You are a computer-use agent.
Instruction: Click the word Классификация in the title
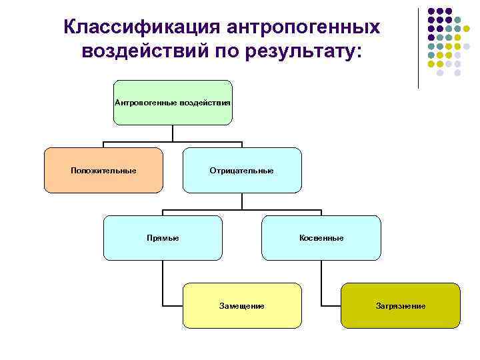(x=143, y=27)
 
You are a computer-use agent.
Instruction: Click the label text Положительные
(x=103, y=171)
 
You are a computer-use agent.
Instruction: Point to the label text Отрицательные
(x=241, y=171)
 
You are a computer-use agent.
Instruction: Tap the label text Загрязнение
(x=400, y=306)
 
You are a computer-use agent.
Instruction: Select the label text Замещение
(x=241, y=306)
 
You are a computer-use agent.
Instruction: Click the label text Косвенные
(x=321, y=238)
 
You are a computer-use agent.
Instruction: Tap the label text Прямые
(x=163, y=238)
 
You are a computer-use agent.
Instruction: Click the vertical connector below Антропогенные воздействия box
(x=173, y=133)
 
